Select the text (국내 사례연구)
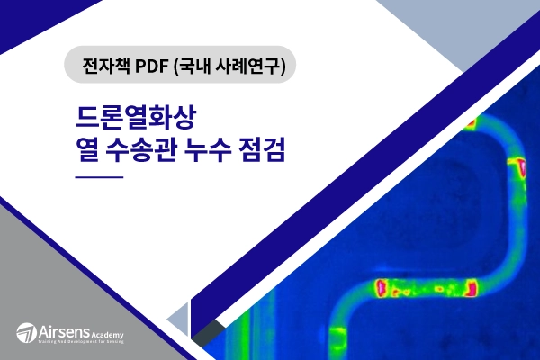tap(238, 67)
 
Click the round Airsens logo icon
tap(26, 332)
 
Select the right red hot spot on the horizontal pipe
tap(469, 289)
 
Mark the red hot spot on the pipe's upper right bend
tap(517, 166)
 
